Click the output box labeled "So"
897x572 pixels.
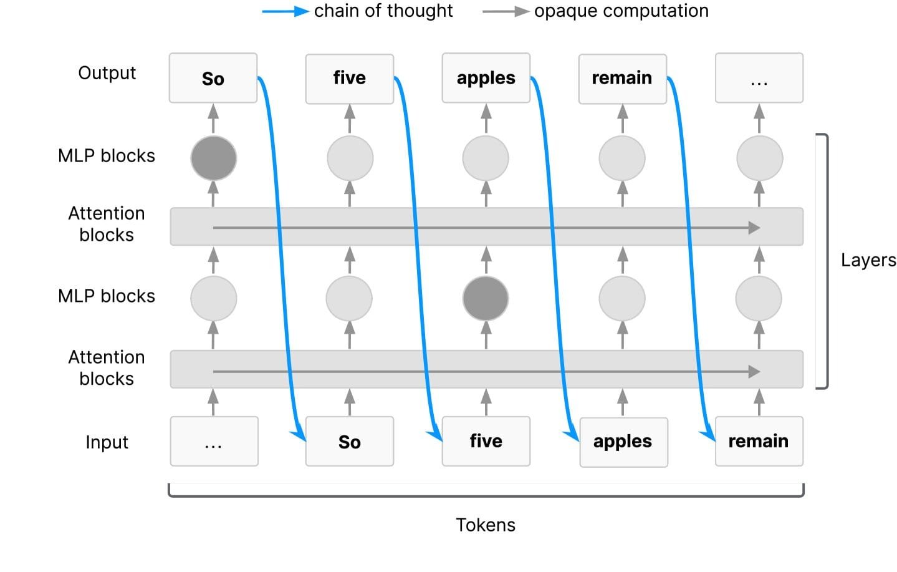pyautogui.click(x=213, y=78)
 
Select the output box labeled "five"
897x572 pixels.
pyautogui.click(x=349, y=78)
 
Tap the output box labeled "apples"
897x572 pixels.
pyautogui.click(x=486, y=78)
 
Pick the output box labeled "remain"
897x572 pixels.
pyautogui.click(x=622, y=78)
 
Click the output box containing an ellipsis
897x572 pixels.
pyautogui.click(x=759, y=78)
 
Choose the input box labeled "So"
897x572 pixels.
pyautogui.click(x=349, y=442)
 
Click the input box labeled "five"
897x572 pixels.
pyautogui.click(x=486, y=442)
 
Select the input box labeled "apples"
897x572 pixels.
pyautogui.click(x=623, y=442)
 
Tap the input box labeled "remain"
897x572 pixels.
pyautogui.click(x=759, y=442)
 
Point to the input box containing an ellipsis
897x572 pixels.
pyautogui.click(x=214, y=442)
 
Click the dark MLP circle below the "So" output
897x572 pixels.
pyautogui.click(x=213, y=158)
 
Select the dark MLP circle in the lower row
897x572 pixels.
pyautogui.click(x=486, y=298)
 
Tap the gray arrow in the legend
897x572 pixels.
pyautogui.click(x=506, y=11)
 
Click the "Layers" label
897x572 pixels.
pyautogui.click(x=868, y=260)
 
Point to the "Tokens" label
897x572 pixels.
pyautogui.click(x=486, y=525)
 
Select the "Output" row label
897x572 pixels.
pyautogui.click(x=107, y=73)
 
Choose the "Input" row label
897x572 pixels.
pyautogui.click(x=107, y=442)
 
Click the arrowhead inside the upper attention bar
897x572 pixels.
pyautogui.click(x=754, y=228)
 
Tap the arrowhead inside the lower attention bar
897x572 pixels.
pyautogui.click(x=754, y=372)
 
